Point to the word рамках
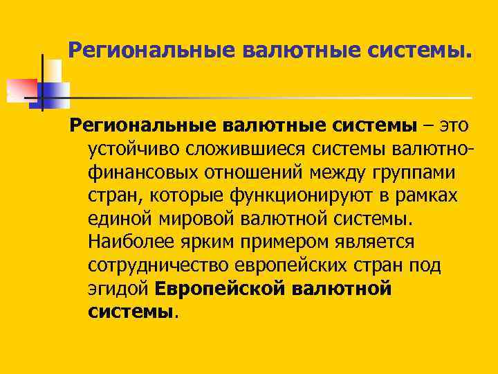tap(430, 196)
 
